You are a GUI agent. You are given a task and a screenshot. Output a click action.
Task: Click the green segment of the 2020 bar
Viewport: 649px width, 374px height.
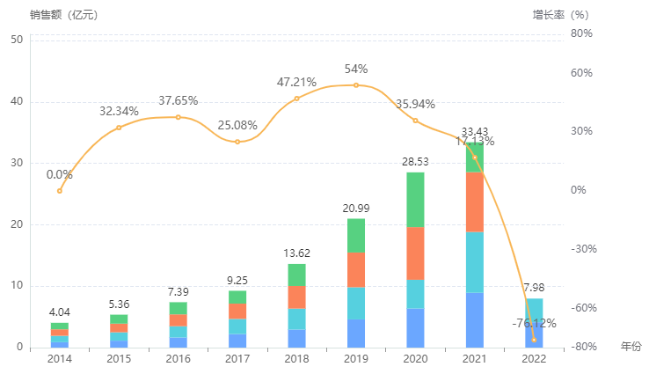[x=415, y=200]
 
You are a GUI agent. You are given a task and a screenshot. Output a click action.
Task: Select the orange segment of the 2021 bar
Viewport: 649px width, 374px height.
[x=475, y=202]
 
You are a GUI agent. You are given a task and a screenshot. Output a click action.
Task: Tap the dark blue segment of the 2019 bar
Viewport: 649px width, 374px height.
[x=356, y=333]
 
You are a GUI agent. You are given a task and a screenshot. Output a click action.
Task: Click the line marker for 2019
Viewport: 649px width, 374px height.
[x=356, y=85]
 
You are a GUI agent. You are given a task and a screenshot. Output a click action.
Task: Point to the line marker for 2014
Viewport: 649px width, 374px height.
[x=60, y=190]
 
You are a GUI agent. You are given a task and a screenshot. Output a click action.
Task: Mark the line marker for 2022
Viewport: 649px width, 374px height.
[x=534, y=340]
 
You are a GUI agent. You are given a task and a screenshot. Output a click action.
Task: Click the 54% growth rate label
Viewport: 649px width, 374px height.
[x=356, y=70]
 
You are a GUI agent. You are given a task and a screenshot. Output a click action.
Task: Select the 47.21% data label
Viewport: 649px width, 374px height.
[x=296, y=82]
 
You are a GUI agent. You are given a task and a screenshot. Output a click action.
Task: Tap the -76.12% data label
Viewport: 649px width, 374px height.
[x=534, y=324]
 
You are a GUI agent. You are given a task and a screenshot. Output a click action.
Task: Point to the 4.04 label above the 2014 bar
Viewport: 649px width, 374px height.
[x=60, y=312]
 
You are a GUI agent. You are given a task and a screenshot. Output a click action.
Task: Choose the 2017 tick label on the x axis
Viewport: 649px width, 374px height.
[x=237, y=359]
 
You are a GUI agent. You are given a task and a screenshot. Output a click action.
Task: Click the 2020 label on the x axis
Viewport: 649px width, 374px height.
[x=415, y=359]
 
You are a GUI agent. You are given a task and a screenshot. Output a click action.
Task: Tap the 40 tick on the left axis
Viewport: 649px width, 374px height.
[x=17, y=101]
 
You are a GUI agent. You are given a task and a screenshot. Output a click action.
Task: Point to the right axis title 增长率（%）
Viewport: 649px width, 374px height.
[x=561, y=15]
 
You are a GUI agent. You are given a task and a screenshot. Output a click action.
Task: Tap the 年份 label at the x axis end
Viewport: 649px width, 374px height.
[x=631, y=346]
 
